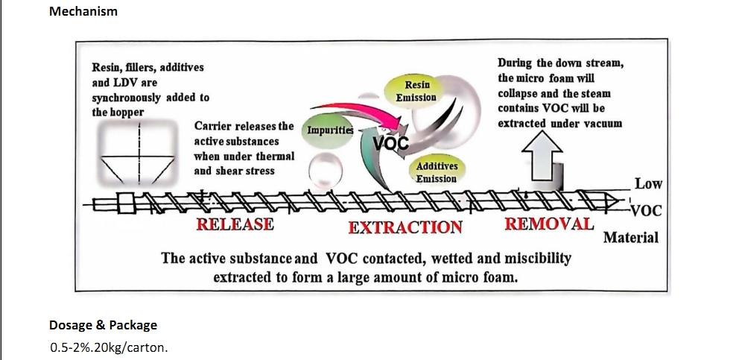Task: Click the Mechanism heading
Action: point(83,11)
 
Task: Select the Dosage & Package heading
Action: point(104,325)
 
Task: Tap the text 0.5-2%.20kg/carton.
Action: point(109,348)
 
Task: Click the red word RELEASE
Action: point(235,224)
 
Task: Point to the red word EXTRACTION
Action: point(405,227)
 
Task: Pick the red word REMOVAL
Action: point(549,224)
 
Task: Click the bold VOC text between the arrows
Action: point(390,142)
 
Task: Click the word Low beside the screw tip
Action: point(649,183)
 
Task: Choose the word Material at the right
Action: point(630,237)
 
